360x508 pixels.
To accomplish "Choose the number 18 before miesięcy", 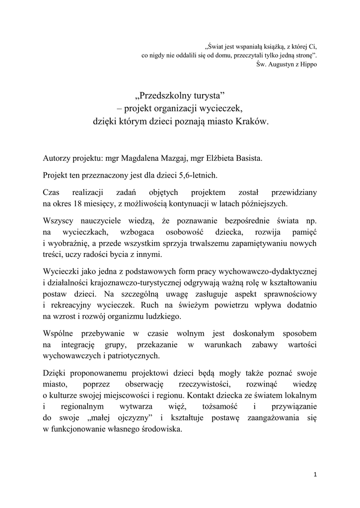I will point(91,203).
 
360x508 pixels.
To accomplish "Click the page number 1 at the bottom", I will point(315,474).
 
